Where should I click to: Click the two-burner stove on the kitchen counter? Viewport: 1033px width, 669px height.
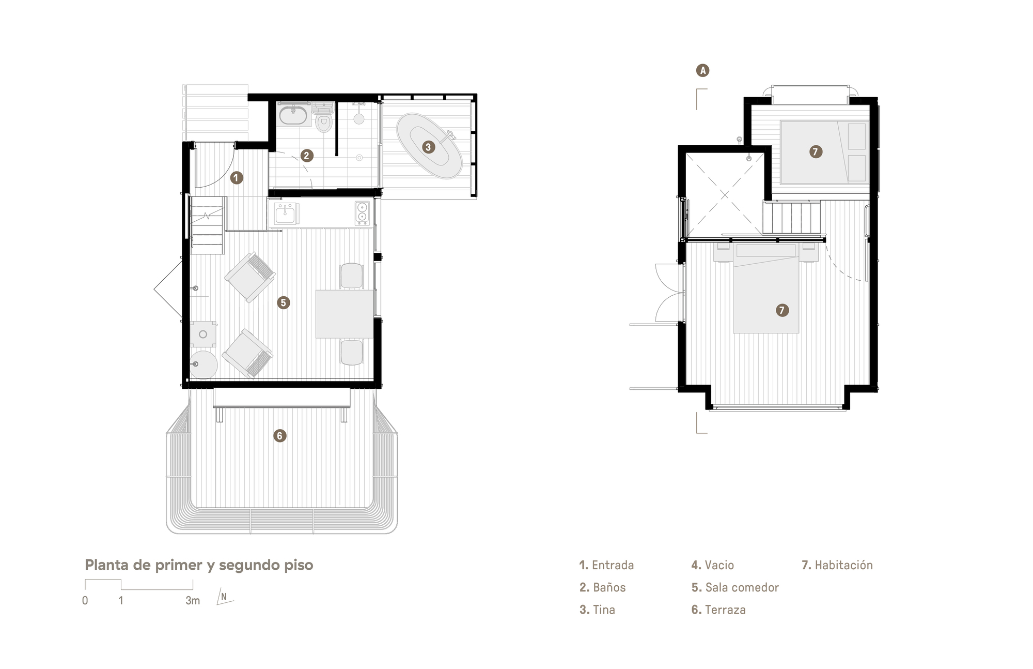click(x=362, y=213)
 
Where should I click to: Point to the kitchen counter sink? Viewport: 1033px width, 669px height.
click(x=285, y=213)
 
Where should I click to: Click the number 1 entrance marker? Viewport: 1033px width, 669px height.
click(x=237, y=178)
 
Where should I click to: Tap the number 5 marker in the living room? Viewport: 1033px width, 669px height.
click(x=283, y=302)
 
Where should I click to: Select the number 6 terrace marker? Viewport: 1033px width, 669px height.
click(x=279, y=436)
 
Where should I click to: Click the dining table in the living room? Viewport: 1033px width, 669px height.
click(x=345, y=314)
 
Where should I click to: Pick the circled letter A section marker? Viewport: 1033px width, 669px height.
click(x=702, y=70)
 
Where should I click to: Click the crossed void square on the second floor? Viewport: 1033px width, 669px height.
click(x=725, y=195)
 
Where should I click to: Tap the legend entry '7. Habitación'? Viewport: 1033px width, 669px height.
click(x=837, y=565)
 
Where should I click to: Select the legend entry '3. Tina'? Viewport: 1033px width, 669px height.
click(x=597, y=610)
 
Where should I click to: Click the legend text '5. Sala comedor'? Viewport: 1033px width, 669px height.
click(x=734, y=587)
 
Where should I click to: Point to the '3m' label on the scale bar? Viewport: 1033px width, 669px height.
click(x=193, y=601)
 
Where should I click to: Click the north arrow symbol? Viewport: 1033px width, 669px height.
click(x=224, y=597)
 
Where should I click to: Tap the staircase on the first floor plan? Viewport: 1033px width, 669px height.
click(x=208, y=225)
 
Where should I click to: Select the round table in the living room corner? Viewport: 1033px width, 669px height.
click(x=204, y=365)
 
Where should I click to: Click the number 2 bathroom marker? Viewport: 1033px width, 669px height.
click(x=306, y=155)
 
